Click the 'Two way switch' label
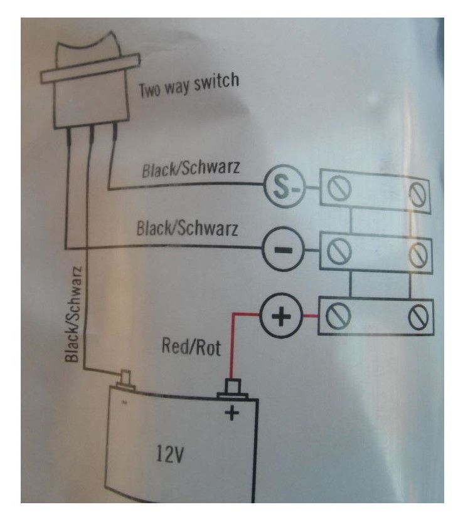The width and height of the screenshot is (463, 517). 189,86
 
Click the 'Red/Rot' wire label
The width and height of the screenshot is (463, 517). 191,347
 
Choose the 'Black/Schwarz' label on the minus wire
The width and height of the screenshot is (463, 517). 187,229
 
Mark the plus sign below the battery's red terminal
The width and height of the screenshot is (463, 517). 233,412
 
